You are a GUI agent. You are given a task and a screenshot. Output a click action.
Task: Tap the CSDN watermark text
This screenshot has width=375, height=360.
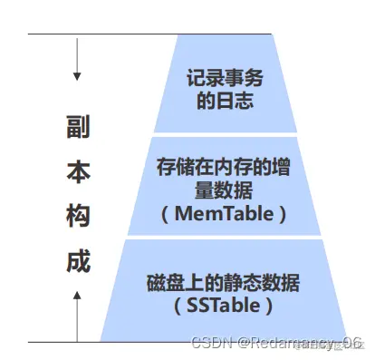(x=212, y=343)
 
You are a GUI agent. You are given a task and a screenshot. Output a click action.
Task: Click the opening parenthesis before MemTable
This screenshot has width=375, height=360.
(x=165, y=215)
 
